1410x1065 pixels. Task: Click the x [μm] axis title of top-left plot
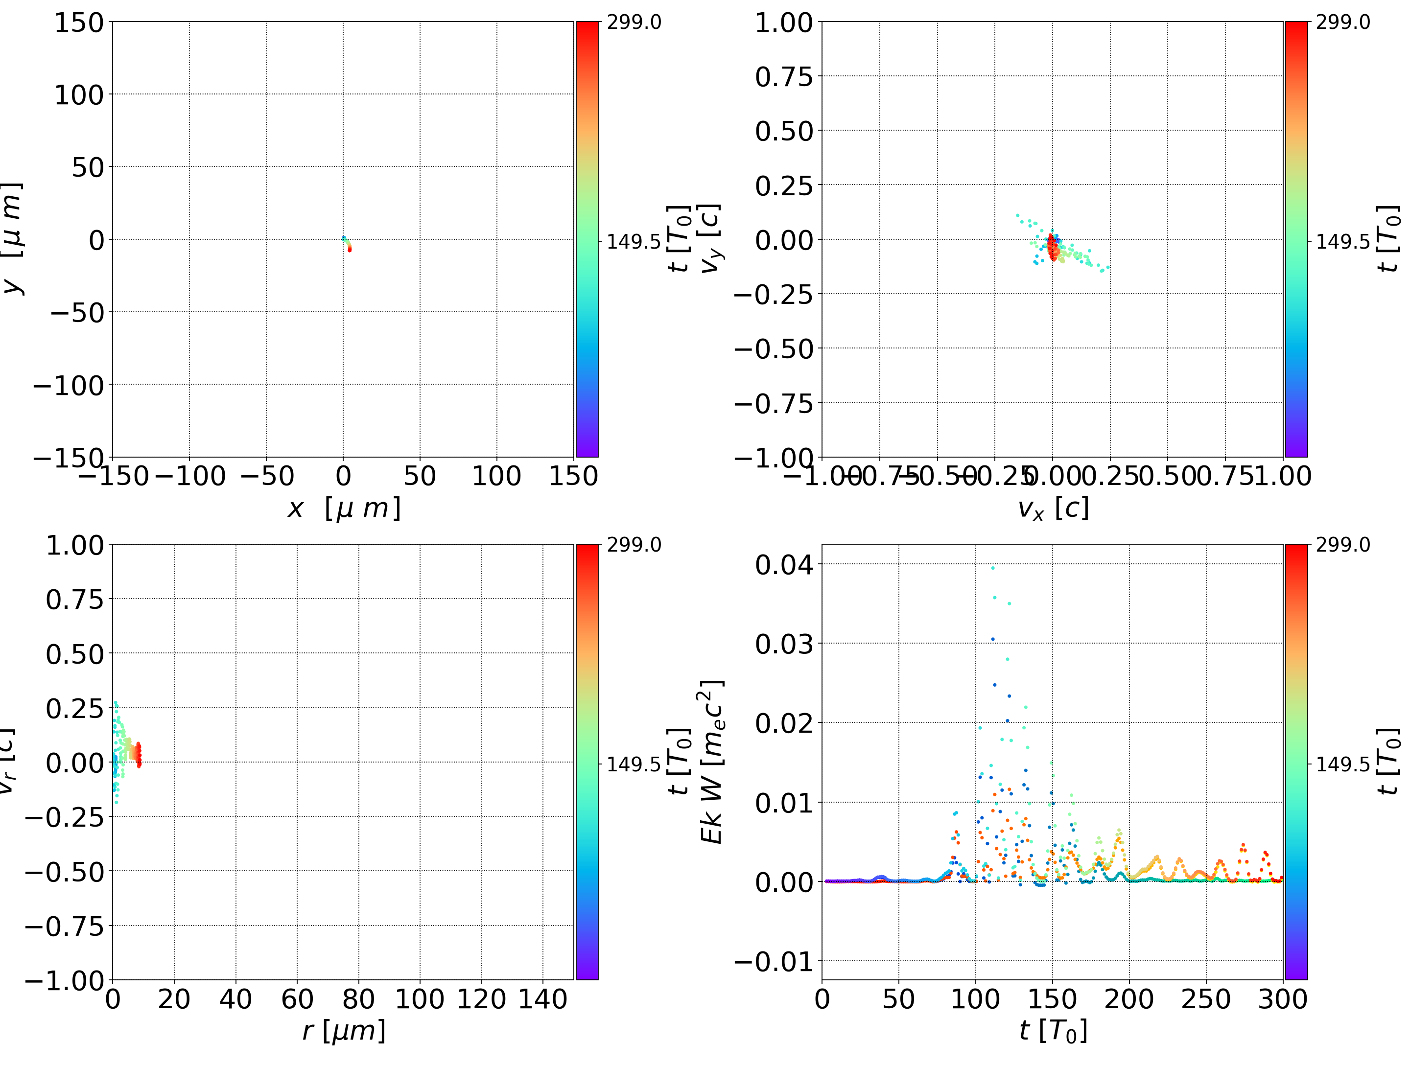pyautogui.click(x=344, y=509)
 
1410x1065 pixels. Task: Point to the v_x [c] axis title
pyautogui.click(x=1053, y=509)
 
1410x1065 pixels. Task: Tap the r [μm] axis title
pyautogui.click(x=344, y=1031)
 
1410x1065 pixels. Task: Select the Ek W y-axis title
pyautogui.click(x=711, y=762)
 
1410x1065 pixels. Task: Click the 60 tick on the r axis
pyautogui.click(x=297, y=999)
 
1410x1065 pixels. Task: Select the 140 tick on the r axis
pyautogui.click(x=542, y=999)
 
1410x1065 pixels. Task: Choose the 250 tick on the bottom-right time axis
pyautogui.click(x=1205, y=999)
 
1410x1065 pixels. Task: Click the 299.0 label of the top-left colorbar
pyautogui.click(x=634, y=23)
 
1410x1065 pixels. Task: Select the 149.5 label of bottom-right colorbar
pyautogui.click(x=1342, y=764)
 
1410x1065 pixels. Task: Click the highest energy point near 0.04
pyautogui.click(x=992, y=567)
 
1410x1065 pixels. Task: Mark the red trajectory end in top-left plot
pyautogui.click(x=349, y=249)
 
